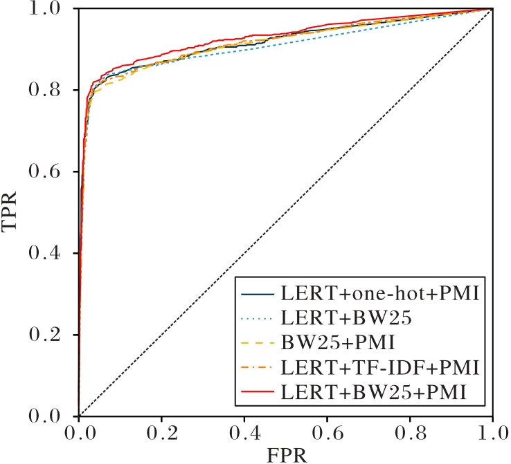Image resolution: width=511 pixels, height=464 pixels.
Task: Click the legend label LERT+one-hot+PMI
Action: (380, 293)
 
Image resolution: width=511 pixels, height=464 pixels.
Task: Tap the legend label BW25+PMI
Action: (333, 343)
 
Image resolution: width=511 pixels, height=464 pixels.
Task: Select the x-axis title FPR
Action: (285, 455)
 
